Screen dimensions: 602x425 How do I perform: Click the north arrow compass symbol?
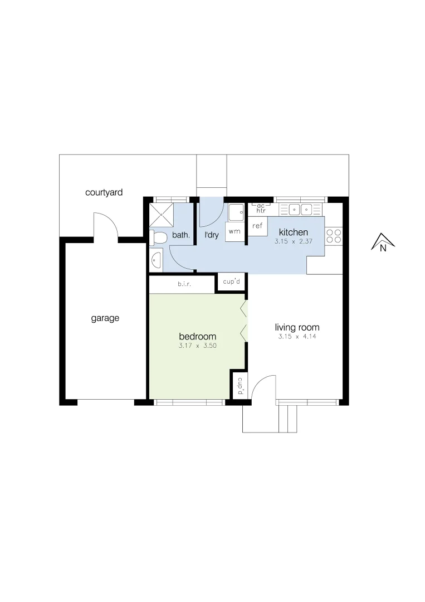[x=383, y=243]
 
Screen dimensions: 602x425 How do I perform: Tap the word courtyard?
[x=104, y=193]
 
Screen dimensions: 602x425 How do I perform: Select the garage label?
[x=105, y=319]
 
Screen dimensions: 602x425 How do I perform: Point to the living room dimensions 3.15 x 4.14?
[x=297, y=337]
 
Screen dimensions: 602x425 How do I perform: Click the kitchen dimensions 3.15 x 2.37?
[x=293, y=242]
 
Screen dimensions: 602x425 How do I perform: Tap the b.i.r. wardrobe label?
[x=185, y=284]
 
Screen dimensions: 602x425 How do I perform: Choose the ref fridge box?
[x=257, y=226]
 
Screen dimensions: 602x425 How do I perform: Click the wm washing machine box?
[x=235, y=231]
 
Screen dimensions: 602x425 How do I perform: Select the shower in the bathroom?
[x=162, y=213]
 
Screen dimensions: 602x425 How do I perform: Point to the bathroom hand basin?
[x=155, y=260]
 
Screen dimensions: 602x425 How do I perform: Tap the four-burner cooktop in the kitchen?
[x=334, y=236]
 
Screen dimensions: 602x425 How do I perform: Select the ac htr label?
[x=261, y=208]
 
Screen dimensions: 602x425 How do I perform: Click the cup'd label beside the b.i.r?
[x=231, y=281]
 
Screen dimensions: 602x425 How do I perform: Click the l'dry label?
[x=212, y=235]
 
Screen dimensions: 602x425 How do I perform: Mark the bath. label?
[x=180, y=236]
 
